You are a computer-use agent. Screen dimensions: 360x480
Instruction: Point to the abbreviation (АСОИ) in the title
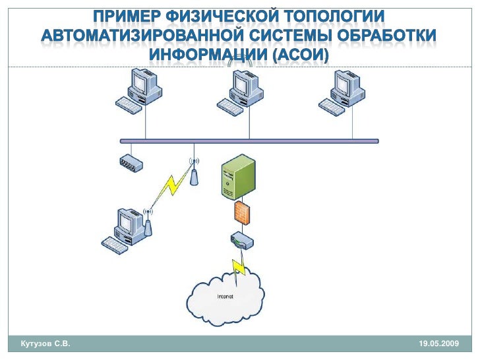(300, 54)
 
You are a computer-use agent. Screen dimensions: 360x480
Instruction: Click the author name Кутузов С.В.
(45, 345)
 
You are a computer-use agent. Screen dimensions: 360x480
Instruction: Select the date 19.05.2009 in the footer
(438, 345)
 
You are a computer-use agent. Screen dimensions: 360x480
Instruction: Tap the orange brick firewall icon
(241, 213)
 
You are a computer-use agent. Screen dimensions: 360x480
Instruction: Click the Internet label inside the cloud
(225, 296)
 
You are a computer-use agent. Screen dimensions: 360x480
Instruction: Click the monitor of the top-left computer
(140, 84)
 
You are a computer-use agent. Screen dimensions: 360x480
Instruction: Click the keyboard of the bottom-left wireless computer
(114, 245)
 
